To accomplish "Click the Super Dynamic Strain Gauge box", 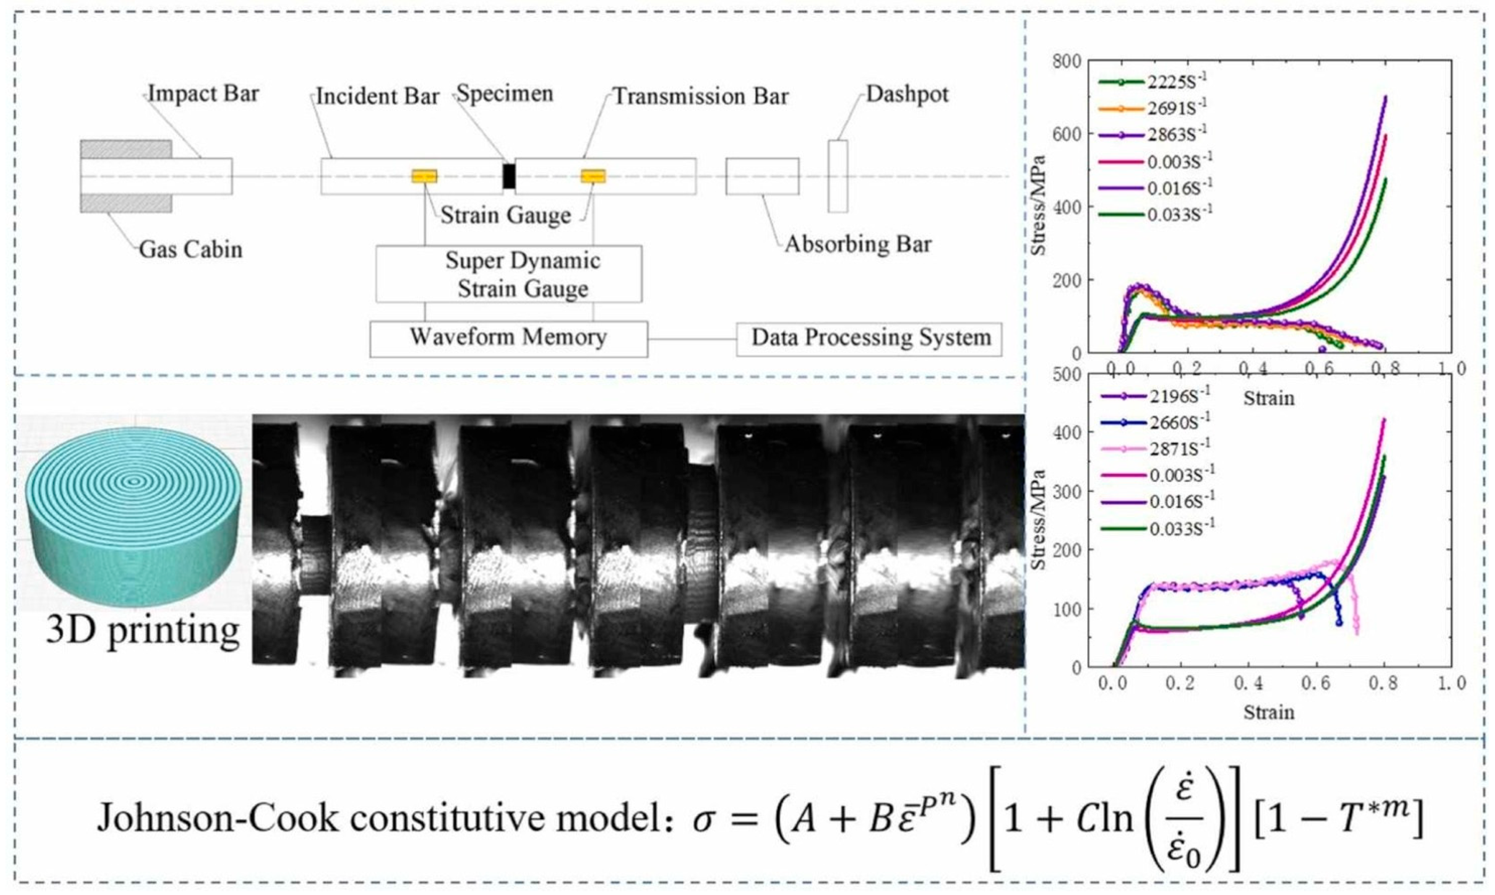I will [x=508, y=274].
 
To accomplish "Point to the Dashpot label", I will [x=907, y=95].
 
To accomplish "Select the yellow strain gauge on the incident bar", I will [x=424, y=176].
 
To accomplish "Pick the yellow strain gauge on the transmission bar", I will [x=593, y=176].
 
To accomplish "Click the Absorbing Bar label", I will [x=857, y=244].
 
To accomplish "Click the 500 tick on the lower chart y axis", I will [x=1067, y=374].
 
